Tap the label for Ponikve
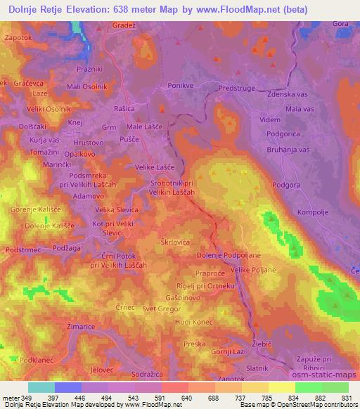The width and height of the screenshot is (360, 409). [x=181, y=85]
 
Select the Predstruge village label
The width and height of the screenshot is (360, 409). [x=239, y=88]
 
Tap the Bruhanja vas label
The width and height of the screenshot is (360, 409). [x=288, y=150]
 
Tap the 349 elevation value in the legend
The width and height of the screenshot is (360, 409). [x=27, y=398]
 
